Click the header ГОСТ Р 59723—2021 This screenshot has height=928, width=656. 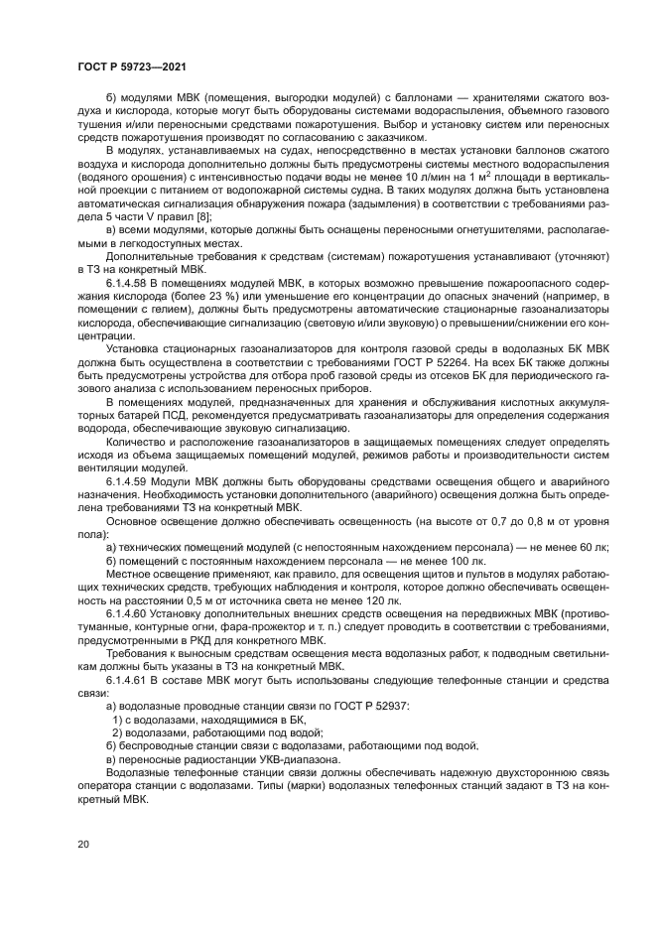coord(132,66)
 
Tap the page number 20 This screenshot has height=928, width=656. coord(84,843)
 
